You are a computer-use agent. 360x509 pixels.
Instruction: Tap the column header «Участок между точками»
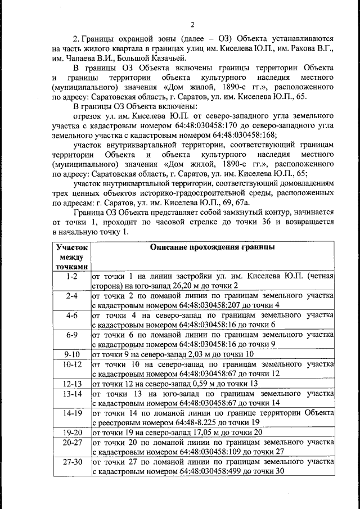pyautogui.click(x=72, y=256)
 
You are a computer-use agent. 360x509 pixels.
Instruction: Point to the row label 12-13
pyautogui.click(x=72, y=383)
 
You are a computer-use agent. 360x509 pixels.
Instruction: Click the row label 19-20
pyautogui.click(x=72, y=432)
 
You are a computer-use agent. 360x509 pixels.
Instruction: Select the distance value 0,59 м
pyautogui.click(x=186, y=383)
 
